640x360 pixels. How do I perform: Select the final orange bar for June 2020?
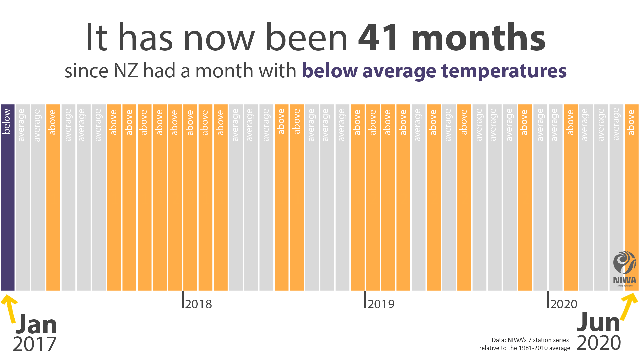[x=631, y=200]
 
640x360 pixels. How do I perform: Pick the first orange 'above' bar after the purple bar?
[x=53, y=200]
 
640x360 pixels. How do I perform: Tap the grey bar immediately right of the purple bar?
[x=23, y=200]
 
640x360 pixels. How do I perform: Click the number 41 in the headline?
[x=378, y=38]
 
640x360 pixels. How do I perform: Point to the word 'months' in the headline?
[x=478, y=38]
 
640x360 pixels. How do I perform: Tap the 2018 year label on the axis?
[x=198, y=304]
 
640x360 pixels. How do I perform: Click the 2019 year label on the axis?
[x=381, y=304]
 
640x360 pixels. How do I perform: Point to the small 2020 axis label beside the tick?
[x=564, y=304]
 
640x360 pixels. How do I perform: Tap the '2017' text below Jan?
[x=35, y=344]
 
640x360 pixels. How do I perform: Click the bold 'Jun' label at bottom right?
[x=598, y=322]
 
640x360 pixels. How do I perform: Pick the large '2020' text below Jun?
[x=599, y=343]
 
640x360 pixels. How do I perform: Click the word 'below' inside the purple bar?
[x=6, y=121]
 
